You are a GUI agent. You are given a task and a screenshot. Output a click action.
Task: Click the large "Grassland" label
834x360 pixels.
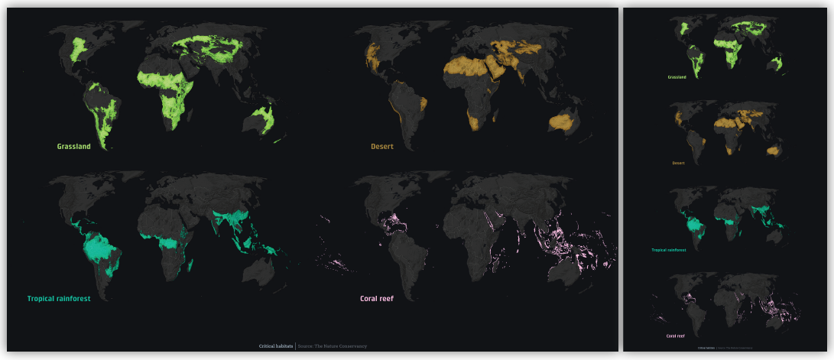point(73,146)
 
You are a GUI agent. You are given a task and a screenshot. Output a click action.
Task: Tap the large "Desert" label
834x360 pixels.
point(382,146)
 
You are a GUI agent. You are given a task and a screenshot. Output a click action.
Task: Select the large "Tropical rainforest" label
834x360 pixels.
point(59,299)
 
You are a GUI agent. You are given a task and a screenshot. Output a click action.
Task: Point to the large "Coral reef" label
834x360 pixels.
point(376,299)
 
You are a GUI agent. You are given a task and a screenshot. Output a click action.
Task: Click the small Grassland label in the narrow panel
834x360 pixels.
point(677,77)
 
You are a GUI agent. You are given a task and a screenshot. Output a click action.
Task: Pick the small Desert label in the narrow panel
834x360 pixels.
point(678,163)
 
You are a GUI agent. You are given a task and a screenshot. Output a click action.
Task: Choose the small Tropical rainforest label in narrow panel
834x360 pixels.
point(669,250)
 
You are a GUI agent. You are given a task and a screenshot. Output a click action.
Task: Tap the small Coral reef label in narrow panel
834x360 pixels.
point(675,336)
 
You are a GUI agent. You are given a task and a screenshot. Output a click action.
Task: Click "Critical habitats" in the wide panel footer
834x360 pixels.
point(276,346)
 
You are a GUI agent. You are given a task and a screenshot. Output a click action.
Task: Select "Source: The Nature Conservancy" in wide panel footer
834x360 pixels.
point(333,346)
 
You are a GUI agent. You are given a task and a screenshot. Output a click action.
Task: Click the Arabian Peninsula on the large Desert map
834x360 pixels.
point(505,74)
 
